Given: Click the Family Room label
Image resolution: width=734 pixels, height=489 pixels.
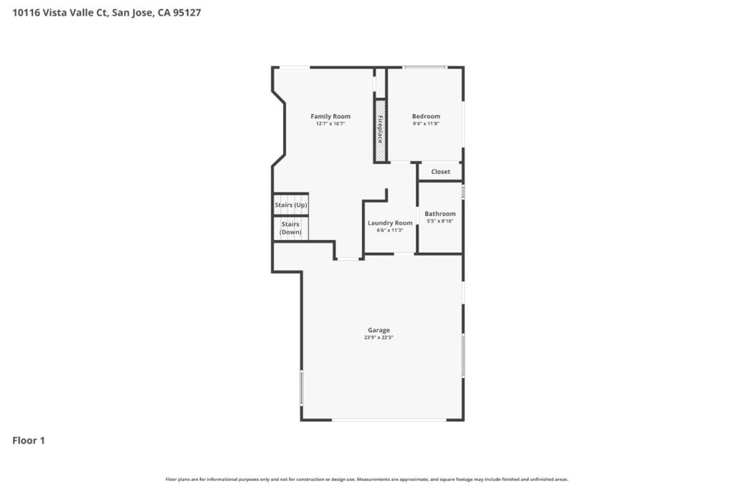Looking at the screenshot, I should coord(330,116).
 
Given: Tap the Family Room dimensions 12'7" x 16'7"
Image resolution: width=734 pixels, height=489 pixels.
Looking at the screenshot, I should coord(330,124).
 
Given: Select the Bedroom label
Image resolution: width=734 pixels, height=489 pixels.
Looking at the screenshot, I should coord(426,116).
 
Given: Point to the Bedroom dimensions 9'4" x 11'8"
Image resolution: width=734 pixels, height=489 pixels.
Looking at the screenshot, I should coord(426,124).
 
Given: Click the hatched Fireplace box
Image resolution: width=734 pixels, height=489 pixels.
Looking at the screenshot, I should coord(380,131).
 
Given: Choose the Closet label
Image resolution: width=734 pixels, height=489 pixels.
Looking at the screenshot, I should coord(440,172).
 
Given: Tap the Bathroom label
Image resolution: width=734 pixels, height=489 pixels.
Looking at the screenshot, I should coord(439,213).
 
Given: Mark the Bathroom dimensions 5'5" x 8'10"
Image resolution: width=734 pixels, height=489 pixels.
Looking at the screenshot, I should coord(439,221).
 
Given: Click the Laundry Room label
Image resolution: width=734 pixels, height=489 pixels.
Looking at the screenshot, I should coord(390,223).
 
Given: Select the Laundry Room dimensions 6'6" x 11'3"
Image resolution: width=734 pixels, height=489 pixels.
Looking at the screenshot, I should coord(390,231).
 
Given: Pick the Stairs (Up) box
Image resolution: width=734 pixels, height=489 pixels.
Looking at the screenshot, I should coord(290,205).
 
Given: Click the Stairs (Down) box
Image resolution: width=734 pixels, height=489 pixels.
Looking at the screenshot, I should coord(290,228).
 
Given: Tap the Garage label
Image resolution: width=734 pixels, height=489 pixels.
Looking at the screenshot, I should coord(379,330).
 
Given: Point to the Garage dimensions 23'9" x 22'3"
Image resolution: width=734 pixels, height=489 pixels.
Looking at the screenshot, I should coord(379,338).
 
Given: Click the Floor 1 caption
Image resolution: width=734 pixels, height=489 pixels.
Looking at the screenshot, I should coord(29,440).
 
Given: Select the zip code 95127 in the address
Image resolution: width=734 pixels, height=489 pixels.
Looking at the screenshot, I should coord(186,12).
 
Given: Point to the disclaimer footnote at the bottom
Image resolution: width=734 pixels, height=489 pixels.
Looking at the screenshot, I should coord(367,479).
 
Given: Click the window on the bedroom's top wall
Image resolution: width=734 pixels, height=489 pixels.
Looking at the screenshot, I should coord(424,68).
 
